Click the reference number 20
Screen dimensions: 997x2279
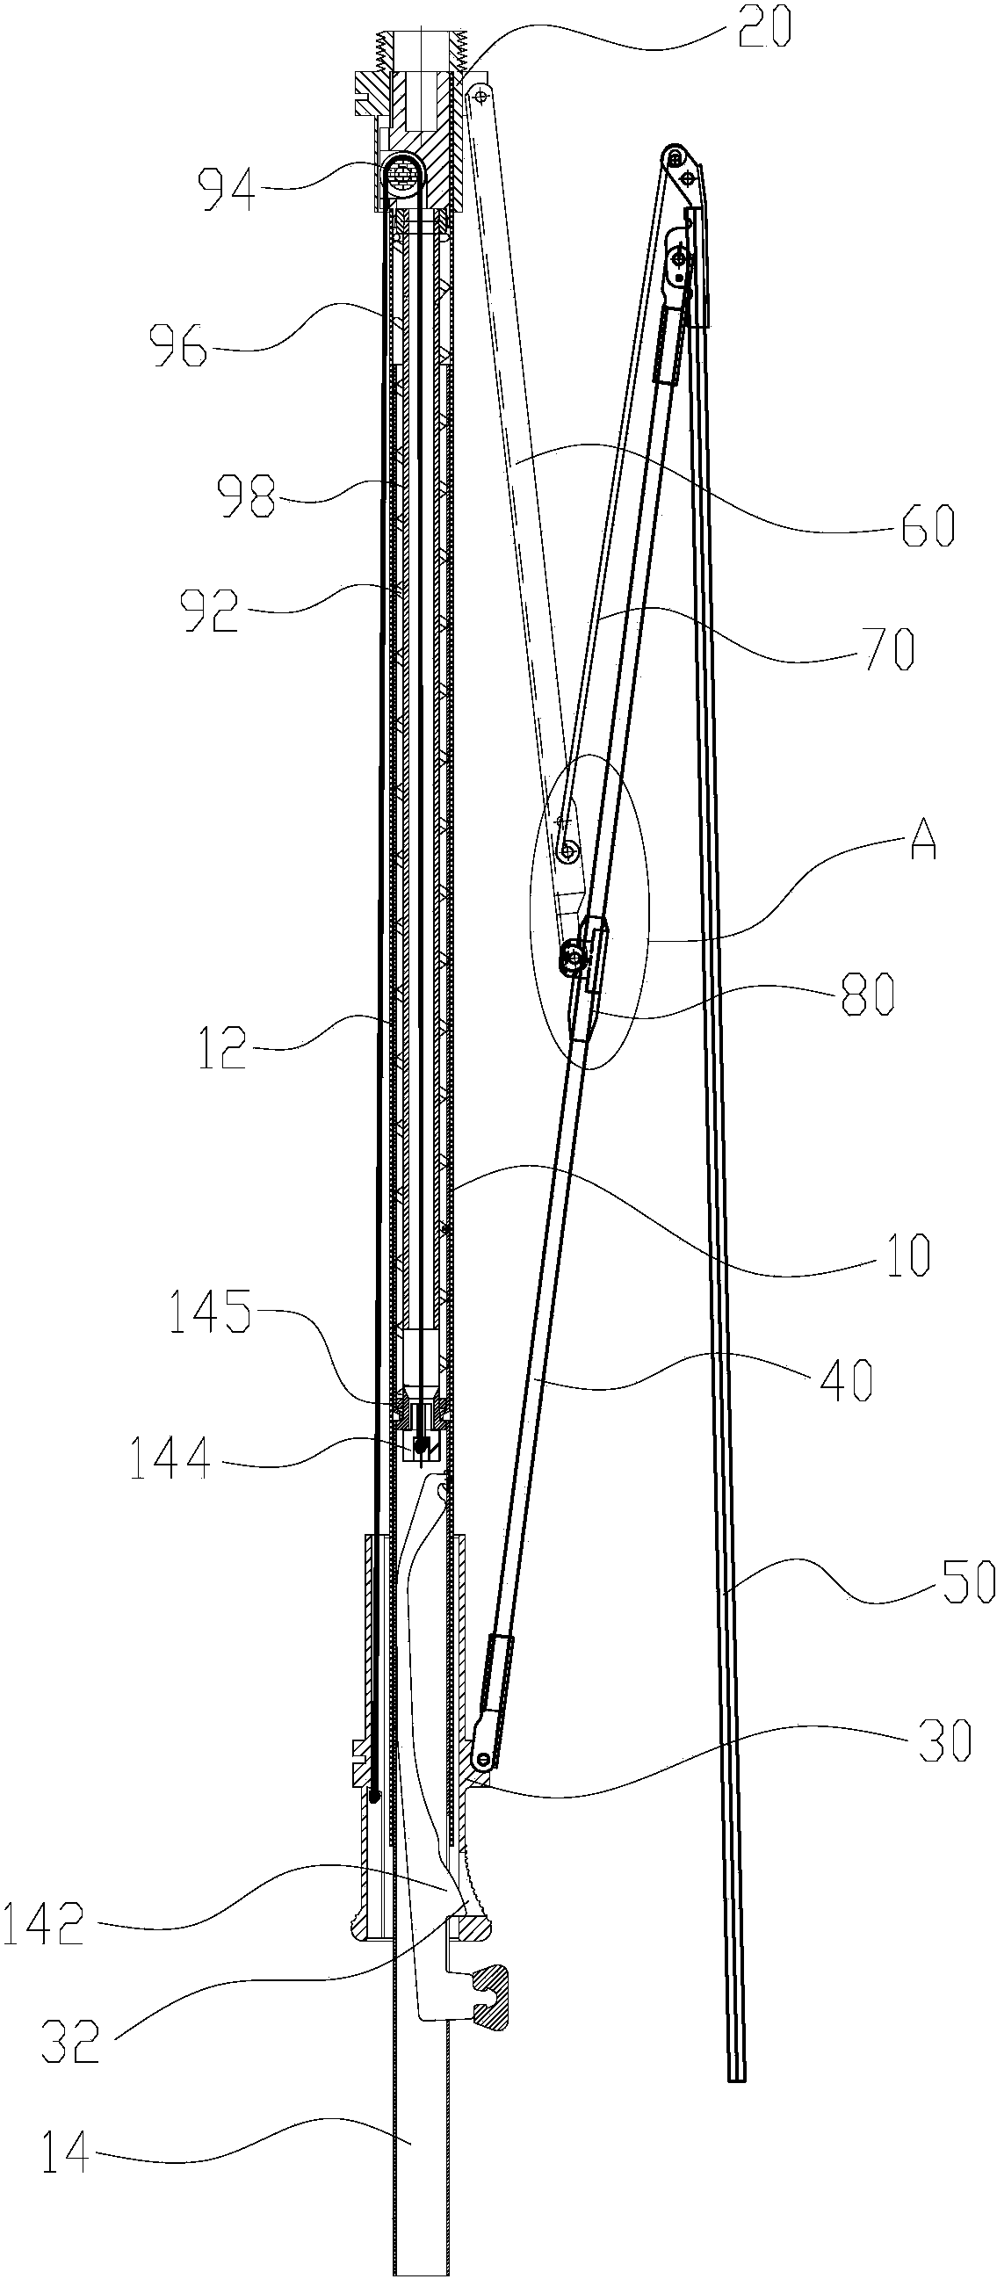click(x=762, y=29)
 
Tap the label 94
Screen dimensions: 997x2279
click(x=228, y=189)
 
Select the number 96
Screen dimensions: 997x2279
click(x=177, y=346)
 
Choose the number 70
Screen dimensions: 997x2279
click(x=889, y=650)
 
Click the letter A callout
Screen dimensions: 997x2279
click(x=921, y=839)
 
